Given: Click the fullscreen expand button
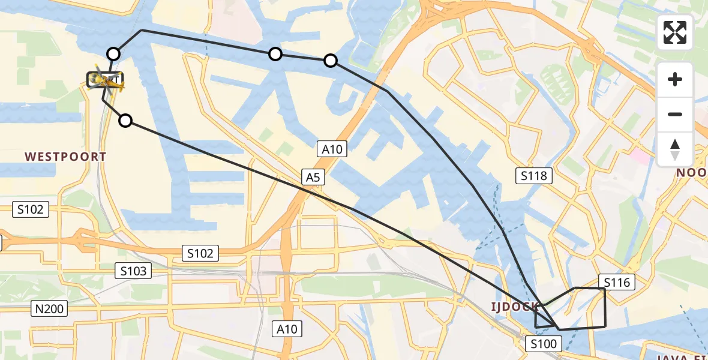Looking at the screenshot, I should click(x=676, y=32).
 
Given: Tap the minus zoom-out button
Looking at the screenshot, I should click(x=676, y=114).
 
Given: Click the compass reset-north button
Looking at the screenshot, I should click(x=676, y=149).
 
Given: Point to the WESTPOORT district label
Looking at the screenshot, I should click(x=65, y=157).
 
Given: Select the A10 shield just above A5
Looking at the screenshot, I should click(x=332, y=149).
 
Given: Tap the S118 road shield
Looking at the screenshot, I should click(x=534, y=176).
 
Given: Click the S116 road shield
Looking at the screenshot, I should click(x=617, y=282).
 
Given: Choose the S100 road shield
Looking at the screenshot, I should click(x=544, y=344).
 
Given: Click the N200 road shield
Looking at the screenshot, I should click(x=49, y=309).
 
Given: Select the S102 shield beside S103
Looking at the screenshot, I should click(x=200, y=253).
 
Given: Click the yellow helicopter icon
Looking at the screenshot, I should click(x=108, y=83).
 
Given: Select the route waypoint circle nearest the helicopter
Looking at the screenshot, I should click(x=113, y=54).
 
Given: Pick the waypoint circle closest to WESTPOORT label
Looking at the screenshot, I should click(x=125, y=121).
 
